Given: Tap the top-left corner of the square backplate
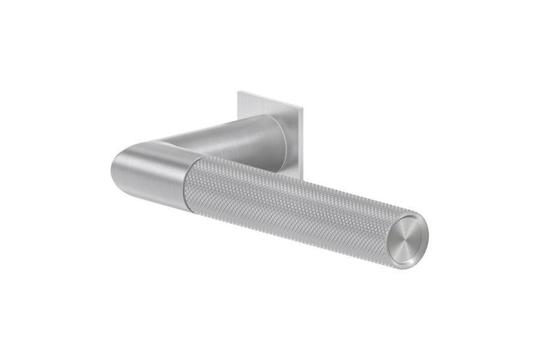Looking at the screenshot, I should (x=238, y=91).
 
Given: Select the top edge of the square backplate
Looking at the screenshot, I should (x=270, y=100).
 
